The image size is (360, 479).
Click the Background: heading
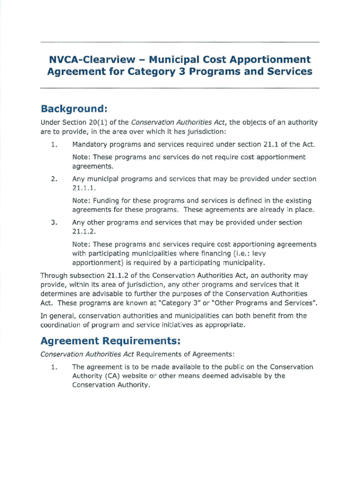74,109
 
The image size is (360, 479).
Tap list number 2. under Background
54,179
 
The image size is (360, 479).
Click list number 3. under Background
54,222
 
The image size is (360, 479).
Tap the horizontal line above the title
180,42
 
